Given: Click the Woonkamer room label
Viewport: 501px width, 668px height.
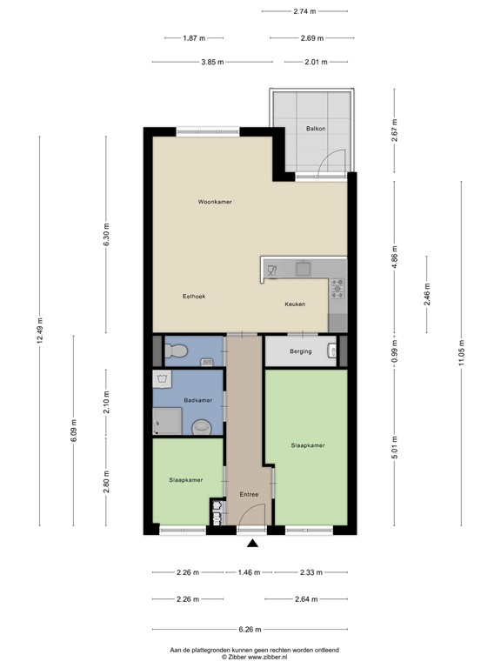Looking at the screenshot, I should pyautogui.click(x=214, y=202).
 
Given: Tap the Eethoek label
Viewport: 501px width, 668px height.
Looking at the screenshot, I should pyautogui.click(x=193, y=297).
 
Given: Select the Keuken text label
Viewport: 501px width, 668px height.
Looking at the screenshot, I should pyautogui.click(x=295, y=305).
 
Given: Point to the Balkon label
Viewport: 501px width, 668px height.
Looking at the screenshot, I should pyautogui.click(x=316, y=129).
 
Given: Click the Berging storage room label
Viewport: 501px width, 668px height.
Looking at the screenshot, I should pyautogui.click(x=298, y=352).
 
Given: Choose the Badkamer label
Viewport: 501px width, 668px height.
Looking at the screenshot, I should pyautogui.click(x=197, y=400).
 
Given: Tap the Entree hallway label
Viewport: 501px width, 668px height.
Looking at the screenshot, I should pyautogui.click(x=250, y=495).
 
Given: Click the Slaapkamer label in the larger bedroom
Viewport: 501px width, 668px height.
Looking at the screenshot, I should pyautogui.click(x=308, y=445).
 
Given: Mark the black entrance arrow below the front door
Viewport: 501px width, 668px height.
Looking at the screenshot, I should pyautogui.click(x=252, y=544).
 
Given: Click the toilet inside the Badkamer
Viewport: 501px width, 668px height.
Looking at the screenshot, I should pyautogui.click(x=203, y=427).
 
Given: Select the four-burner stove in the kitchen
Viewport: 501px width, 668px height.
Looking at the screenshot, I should pyautogui.click(x=337, y=288).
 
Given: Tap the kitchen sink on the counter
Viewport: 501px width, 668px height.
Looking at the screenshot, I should pyautogui.click(x=303, y=269).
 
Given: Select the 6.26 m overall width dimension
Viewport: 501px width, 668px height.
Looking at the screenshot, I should pyautogui.click(x=250, y=630).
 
